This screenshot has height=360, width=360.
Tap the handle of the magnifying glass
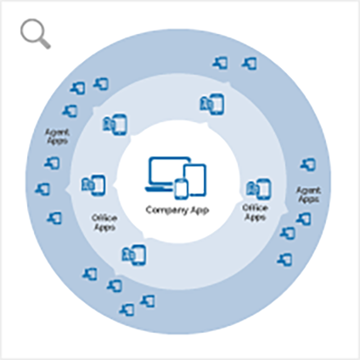click(x=45, y=43)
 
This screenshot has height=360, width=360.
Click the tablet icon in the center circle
click(x=195, y=178)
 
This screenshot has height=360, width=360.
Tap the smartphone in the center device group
click(x=181, y=189)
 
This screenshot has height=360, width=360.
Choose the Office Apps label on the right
click(x=255, y=212)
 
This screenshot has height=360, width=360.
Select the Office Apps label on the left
click(x=104, y=222)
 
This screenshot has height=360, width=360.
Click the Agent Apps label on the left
click(x=57, y=137)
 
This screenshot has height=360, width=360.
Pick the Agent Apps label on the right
click(x=308, y=194)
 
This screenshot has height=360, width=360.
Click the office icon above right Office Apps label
click(x=258, y=188)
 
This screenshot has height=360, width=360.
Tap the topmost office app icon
click(x=211, y=104)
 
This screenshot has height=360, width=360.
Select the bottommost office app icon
click(x=134, y=255)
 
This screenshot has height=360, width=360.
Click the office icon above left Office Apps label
click(x=93, y=185)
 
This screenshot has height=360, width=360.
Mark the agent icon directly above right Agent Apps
click(x=307, y=165)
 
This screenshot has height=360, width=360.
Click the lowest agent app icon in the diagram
click(x=127, y=309)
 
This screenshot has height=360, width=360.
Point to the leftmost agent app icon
click(x=42, y=188)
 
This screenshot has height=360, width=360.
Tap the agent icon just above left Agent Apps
click(x=70, y=110)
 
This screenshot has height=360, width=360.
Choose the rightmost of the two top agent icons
click(x=250, y=64)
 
